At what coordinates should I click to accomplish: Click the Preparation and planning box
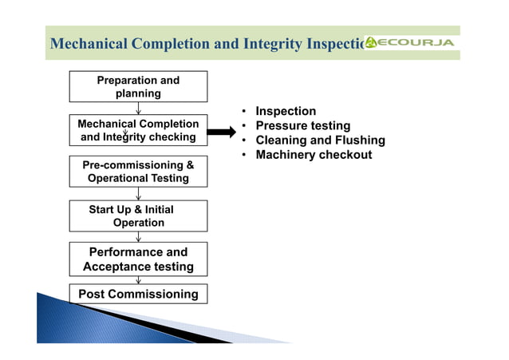pyautogui.click(x=138, y=86)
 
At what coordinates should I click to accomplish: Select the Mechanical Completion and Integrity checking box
pyautogui.click(x=138, y=130)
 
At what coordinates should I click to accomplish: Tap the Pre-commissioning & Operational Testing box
pyautogui.click(x=138, y=172)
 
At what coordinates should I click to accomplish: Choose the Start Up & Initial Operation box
pyautogui.click(x=138, y=216)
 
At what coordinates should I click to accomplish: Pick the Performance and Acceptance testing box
pyautogui.click(x=138, y=259)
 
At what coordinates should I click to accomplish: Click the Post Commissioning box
pyautogui.click(x=138, y=294)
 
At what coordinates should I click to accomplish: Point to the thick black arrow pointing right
pyautogui.click(x=221, y=130)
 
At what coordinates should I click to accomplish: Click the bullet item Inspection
pyautogui.click(x=286, y=111)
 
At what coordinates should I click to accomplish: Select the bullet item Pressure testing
pyautogui.click(x=302, y=126)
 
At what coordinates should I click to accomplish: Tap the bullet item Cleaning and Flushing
pyautogui.click(x=320, y=140)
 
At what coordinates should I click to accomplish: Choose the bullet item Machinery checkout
pyautogui.click(x=314, y=155)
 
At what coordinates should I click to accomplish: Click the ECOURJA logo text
pyautogui.click(x=416, y=42)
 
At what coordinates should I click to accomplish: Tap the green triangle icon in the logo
pyautogui.click(x=371, y=42)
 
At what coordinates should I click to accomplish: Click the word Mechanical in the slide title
pyautogui.click(x=89, y=43)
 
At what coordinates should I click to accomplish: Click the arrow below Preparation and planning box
pyautogui.click(x=139, y=109)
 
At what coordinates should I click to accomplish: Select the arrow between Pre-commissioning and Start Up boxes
pyautogui.click(x=139, y=193)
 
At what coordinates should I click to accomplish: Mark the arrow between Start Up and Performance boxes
pyautogui.click(x=139, y=236)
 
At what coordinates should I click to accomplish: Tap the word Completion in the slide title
pyautogui.click(x=171, y=43)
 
